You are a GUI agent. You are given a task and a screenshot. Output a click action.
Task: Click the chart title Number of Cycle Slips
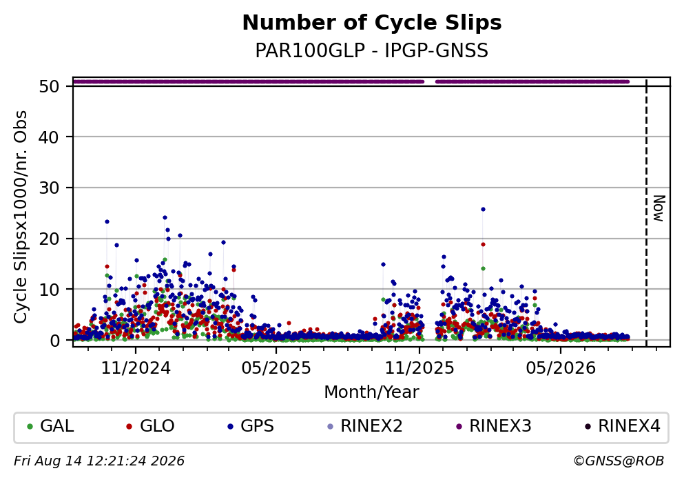tap(372, 23)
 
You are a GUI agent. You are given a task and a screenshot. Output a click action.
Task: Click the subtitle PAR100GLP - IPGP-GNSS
tap(372, 50)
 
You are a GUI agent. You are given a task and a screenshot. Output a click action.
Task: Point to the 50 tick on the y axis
tap(50, 86)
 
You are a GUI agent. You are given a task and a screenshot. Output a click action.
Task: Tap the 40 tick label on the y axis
tap(50, 137)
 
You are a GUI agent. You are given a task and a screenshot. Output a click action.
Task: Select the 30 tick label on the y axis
tap(50, 188)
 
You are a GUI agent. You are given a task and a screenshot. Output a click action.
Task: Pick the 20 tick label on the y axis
tap(50, 239)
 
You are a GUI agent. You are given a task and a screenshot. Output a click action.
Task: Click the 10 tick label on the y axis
tap(50, 289)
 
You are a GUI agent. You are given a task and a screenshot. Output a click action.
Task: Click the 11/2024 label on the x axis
tap(136, 368)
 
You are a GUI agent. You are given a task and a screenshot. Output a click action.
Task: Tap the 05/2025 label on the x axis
tap(276, 368)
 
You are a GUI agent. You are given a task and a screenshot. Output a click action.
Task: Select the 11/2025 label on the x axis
tap(419, 368)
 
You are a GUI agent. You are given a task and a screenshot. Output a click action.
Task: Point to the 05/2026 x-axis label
tap(561, 368)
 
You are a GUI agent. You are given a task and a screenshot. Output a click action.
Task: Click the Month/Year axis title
tap(372, 392)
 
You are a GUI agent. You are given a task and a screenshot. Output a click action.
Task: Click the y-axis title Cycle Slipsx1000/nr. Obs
tap(20, 217)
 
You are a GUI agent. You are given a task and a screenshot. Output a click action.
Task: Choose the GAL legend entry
tap(50, 426)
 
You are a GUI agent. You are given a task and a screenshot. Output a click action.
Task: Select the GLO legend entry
tap(150, 426)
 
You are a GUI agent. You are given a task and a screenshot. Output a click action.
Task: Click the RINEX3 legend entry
tap(494, 426)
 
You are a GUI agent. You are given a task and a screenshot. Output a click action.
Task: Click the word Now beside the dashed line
tap(659, 208)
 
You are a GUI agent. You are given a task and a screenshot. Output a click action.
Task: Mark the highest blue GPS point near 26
tap(483, 209)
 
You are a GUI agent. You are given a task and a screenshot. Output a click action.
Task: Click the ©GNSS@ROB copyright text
tap(619, 461)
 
